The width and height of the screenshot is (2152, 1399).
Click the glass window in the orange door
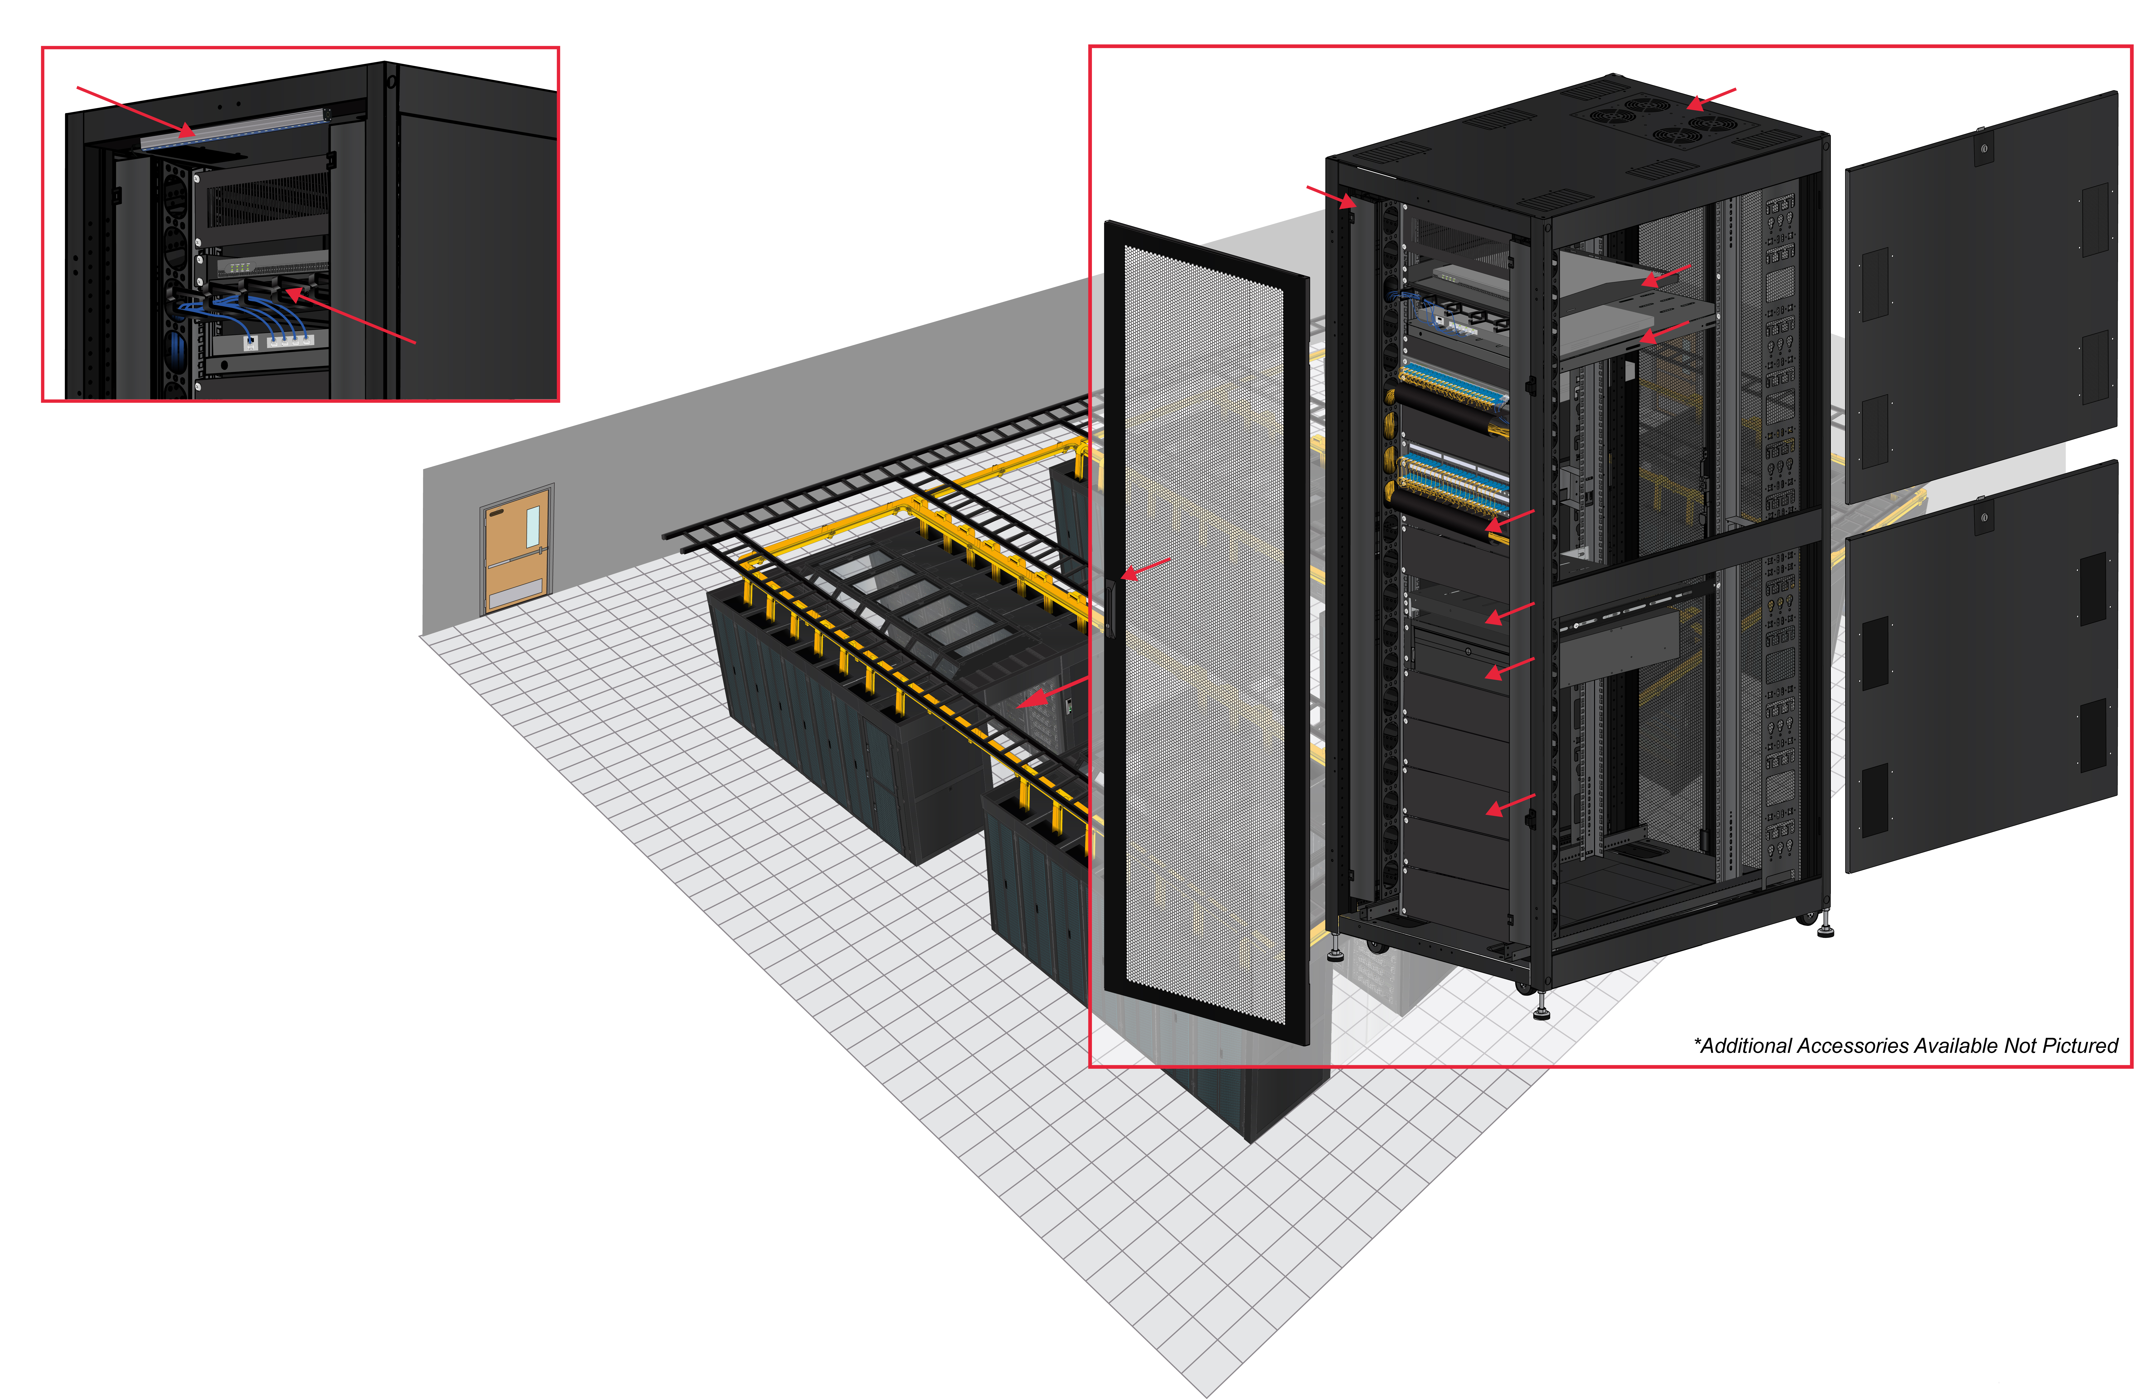(533, 526)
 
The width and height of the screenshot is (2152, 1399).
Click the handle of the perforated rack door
(1110, 607)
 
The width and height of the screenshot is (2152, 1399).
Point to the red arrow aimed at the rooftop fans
(1711, 99)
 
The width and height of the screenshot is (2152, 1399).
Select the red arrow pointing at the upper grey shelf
(1666, 276)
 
